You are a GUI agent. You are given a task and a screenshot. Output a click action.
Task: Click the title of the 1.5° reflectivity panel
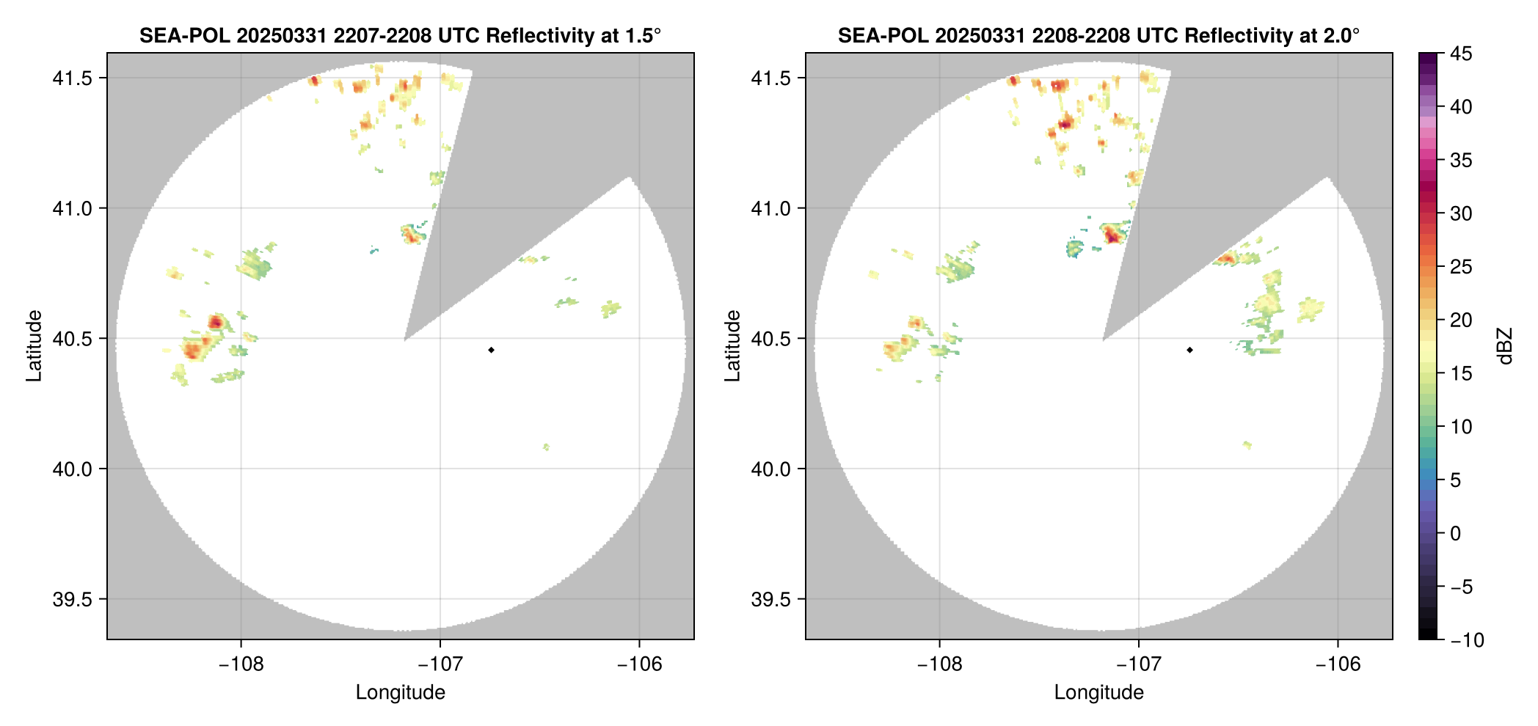pyautogui.click(x=400, y=35)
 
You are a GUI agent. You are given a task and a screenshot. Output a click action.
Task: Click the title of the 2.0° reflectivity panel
pyautogui.click(x=1098, y=35)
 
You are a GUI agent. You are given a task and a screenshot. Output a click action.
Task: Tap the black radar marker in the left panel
pyautogui.click(x=491, y=350)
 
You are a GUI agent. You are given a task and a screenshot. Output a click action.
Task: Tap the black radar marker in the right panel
pyautogui.click(x=1189, y=350)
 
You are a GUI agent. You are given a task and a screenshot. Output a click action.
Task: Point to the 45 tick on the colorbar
pyautogui.click(x=1461, y=54)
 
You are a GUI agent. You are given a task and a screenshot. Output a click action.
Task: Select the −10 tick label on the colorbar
pyautogui.click(x=1467, y=640)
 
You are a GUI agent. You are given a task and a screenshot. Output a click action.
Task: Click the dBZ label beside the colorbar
pyautogui.click(x=1505, y=346)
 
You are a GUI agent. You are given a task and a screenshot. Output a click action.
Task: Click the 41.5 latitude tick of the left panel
pyautogui.click(x=72, y=78)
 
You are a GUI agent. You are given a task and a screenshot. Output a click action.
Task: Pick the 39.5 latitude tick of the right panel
pyautogui.click(x=770, y=599)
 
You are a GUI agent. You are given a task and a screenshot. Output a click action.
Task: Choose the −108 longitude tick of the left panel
pyautogui.click(x=241, y=664)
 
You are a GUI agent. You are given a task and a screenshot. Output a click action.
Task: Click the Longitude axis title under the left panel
pyautogui.click(x=400, y=692)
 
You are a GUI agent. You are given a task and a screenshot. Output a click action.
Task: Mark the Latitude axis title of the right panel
pyautogui.click(x=732, y=346)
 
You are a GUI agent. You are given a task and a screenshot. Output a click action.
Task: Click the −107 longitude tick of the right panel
pyautogui.click(x=1138, y=664)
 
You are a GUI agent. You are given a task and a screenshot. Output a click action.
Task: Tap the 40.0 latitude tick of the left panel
pyautogui.click(x=72, y=469)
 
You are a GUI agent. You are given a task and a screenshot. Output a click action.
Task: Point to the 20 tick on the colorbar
pyautogui.click(x=1461, y=320)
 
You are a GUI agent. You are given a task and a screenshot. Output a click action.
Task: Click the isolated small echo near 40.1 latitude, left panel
pyautogui.click(x=546, y=447)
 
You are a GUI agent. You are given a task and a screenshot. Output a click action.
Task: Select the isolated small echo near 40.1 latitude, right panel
pyautogui.click(x=1247, y=444)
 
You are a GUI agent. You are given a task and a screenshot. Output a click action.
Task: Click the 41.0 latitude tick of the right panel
pyautogui.click(x=770, y=208)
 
